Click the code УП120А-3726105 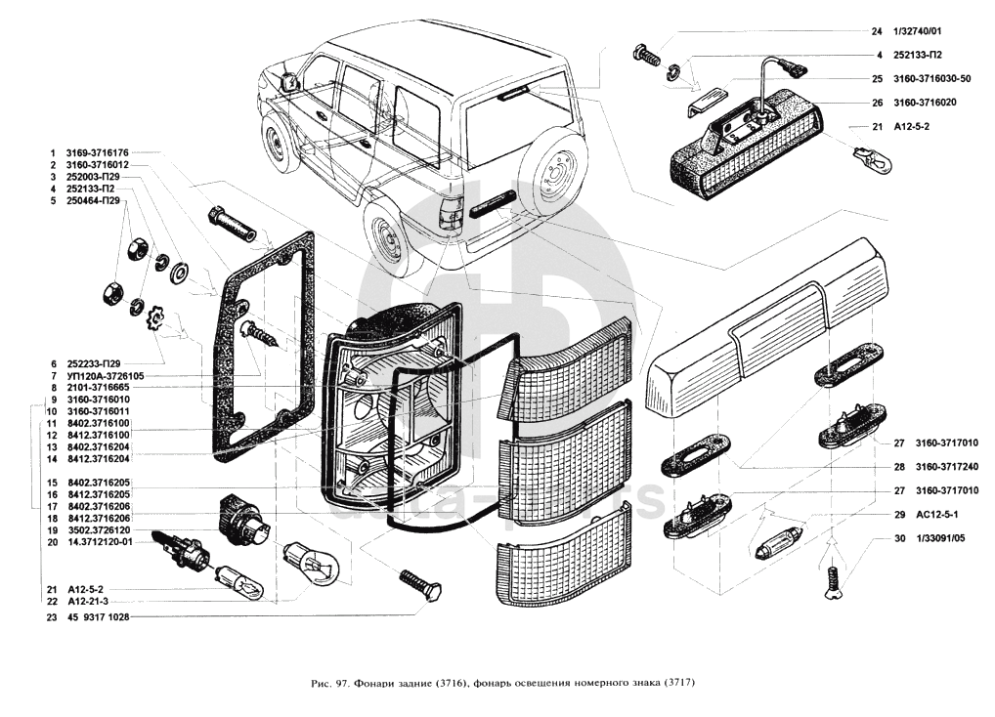[x=105, y=375]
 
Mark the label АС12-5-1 [x=937, y=515]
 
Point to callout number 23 [x=51, y=617]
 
